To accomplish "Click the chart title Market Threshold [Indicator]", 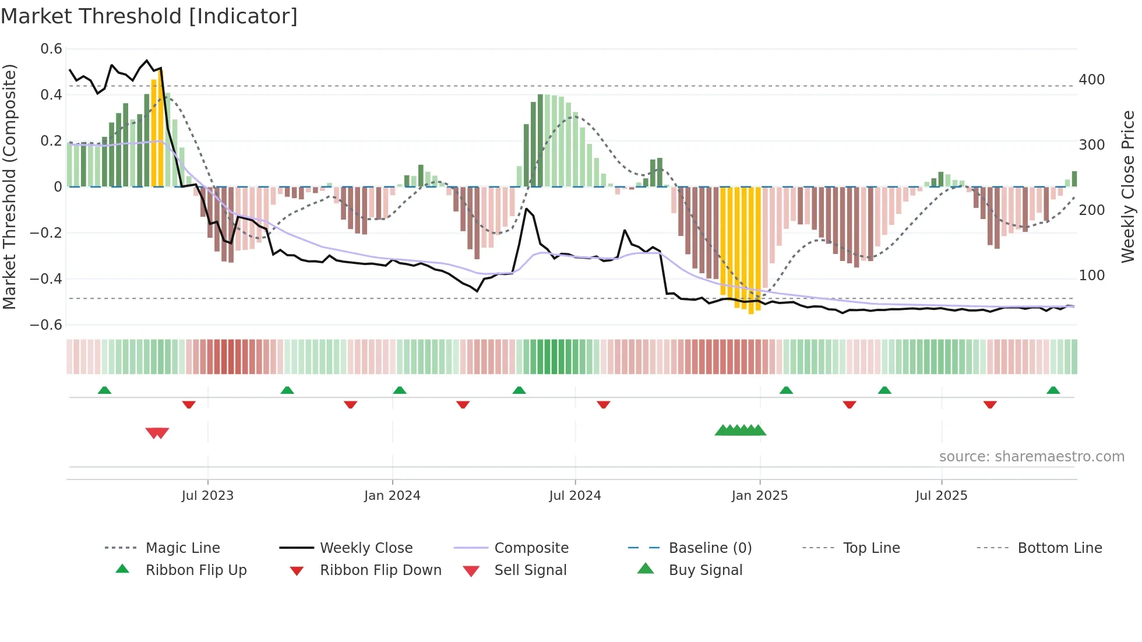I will coord(149,16).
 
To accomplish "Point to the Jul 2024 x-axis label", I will coord(574,496).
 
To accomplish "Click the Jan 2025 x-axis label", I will coord(759,496).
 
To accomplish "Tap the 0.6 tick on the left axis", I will coord(51,49).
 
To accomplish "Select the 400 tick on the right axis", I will coord(1091,80).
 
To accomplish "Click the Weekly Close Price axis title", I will coord(1128,186).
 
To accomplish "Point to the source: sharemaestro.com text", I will coord(1031,457).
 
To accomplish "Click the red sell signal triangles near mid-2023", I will coord(157,433).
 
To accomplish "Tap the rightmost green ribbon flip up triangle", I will coord(1053,390).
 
